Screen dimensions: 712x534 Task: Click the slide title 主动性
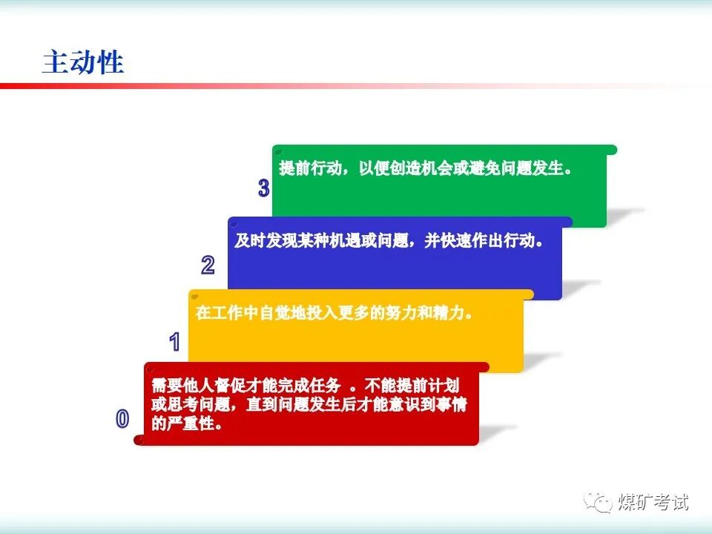tap(83, 62)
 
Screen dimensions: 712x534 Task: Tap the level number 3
tap(264, 188)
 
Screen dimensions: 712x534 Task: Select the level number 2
tap(208, 265)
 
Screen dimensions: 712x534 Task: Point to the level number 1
tap(175, 341)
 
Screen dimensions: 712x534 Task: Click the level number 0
tap(122, 418)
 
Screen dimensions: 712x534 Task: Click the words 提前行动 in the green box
tap(311, 168)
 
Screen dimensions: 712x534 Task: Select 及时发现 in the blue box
tap(266, 240)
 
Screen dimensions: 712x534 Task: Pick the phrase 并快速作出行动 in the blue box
tap(480, 240)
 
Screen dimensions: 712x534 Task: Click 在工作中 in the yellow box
tap(227, 312)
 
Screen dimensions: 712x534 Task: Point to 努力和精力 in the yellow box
tap(425, 312)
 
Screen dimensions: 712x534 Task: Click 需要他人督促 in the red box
tap(199, 385)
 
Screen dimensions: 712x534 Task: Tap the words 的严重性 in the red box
tap(182, 423)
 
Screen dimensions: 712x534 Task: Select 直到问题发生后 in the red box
tap(302, 404)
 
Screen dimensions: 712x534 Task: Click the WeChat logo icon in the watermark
tap(598, 503)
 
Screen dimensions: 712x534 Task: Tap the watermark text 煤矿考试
tap(653, 502)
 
